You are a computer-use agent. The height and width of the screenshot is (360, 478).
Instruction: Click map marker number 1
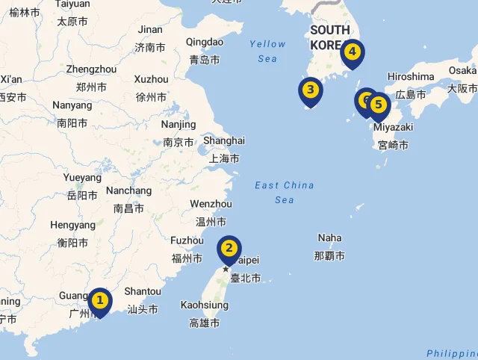pos(99,301)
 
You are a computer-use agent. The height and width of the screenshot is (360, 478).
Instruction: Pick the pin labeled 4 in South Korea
pos(353,53)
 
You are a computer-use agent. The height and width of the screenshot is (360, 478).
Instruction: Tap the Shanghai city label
pos(223,140)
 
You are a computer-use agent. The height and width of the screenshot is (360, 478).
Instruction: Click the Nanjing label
pos(179,125)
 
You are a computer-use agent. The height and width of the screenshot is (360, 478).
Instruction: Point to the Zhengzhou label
pos(91,69)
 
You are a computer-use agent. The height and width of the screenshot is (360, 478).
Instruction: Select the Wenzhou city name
pos(211,204)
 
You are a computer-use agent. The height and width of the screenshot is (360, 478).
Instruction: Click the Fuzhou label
pos(187,240)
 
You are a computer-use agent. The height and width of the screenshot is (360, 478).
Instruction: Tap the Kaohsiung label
pos(204,305)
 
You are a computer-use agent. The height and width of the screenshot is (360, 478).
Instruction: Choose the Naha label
pos(329,238)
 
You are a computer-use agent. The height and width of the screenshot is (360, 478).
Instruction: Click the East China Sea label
pos(284,192)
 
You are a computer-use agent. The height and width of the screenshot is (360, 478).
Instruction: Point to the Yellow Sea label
pos(267,51)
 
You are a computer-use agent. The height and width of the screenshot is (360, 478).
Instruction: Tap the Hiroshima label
pos(411,77)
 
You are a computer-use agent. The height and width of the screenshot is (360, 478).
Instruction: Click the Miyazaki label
pos(393,127)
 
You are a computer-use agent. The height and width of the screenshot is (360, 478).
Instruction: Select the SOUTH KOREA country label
pos(330,37)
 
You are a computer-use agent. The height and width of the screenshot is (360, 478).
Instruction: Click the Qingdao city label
pos(204,42)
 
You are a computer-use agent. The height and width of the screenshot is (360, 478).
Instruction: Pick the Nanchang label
pos(128,190)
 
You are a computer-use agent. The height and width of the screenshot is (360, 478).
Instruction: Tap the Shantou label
pos(142,291)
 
